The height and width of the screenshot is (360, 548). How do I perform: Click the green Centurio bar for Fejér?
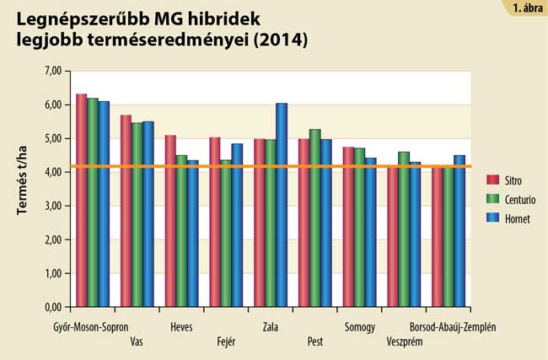click(226, 233)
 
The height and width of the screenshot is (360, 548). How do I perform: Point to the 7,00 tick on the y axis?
click(51, 72)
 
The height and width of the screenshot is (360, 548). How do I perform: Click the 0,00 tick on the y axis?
click(51, 307)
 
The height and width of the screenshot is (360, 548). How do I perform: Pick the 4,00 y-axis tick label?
click(51, 172)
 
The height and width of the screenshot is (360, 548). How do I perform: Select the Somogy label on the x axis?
click(359, 327)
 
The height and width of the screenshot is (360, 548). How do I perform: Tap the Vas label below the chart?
click(137, 341)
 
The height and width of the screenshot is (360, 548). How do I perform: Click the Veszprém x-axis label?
click(404, 341)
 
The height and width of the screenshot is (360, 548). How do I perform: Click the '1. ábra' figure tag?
click(527, 8)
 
